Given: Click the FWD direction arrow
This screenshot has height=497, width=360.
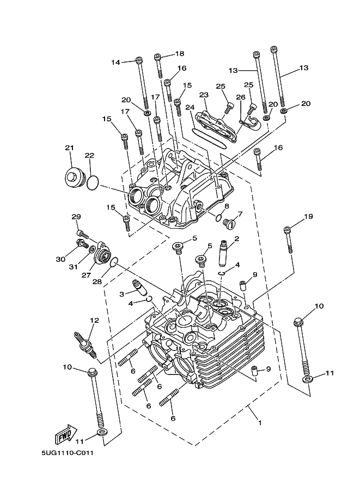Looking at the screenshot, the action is (x=66, y=433).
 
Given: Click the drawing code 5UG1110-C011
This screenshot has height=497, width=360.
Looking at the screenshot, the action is (x=68, y=453).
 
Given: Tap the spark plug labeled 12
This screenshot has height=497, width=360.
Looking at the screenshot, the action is (x=85, y=344).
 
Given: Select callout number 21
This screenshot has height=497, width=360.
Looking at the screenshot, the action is (x=70, y=148).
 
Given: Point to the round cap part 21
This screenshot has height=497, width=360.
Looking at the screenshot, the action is (x=74, y=178).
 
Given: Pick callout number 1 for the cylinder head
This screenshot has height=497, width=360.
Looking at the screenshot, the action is (x=260, y=422).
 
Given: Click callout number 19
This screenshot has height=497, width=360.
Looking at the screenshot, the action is (x=309, y=216).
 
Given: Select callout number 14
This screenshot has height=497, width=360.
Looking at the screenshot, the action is (x=116, y=63).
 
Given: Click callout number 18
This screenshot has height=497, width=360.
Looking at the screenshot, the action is (x=180, y=53).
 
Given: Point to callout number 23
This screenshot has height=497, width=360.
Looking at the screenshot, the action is (x=204, y=95).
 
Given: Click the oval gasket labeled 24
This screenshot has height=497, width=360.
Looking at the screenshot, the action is (x=210, y=137).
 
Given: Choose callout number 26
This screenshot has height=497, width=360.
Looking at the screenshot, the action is (x=241, y=97).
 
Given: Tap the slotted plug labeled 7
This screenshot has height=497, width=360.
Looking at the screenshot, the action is (x=228, y=223).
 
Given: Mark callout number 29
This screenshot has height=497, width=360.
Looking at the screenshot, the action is (x=76, y=217).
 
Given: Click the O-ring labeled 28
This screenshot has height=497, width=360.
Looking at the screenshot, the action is (x=114, y=262).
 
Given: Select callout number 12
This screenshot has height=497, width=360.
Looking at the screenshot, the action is (x=95, y=320).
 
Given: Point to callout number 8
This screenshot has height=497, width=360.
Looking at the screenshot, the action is (x=227, y=206).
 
